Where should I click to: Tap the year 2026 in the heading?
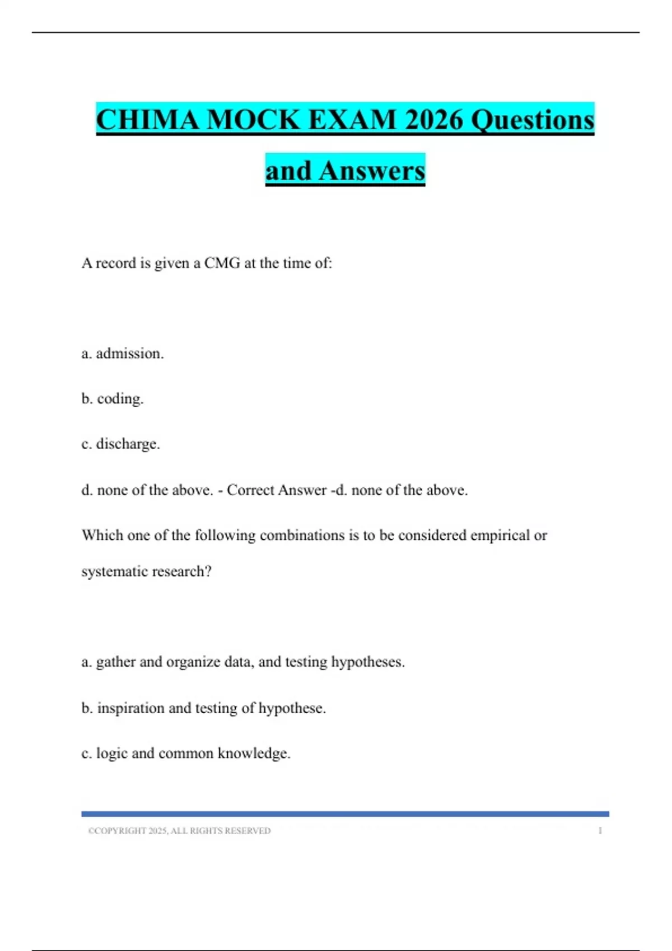coord(433,120)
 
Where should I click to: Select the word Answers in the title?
coord(372,171)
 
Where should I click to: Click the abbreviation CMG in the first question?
coord(222,263)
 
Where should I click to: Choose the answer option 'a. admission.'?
coord(123,354)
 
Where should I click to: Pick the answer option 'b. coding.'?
coord(113,399)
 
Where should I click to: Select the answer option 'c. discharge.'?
coord(121,444)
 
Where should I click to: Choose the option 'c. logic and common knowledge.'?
coord(186,754)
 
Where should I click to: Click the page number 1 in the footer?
coord(600,831)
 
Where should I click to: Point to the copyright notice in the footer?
coord(179,831)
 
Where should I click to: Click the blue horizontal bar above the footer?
coord(345,814)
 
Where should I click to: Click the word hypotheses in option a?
coord(367,662)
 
